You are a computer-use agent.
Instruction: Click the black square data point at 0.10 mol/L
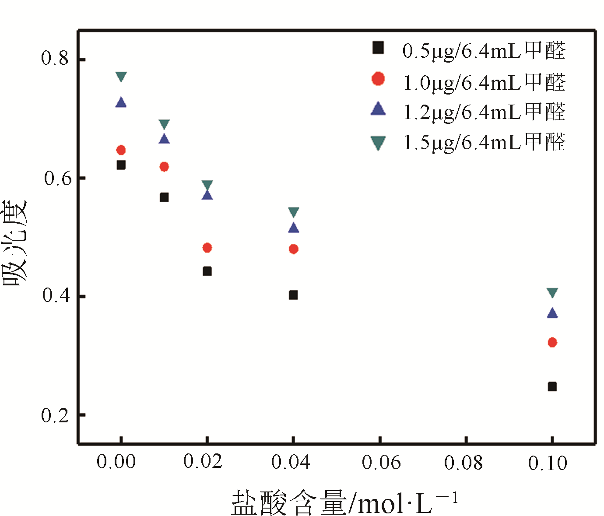(552, 386)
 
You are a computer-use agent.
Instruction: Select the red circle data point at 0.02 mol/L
(207, 248)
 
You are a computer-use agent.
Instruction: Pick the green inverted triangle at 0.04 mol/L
(293, 212)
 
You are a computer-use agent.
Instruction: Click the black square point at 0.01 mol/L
(164, 197)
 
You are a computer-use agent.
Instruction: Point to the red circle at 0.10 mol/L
(552, 342)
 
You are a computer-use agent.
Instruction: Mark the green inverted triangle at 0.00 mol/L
(121, 77)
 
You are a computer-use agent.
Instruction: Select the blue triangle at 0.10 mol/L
(552, 313)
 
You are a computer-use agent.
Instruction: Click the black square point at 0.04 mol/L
(293, 295)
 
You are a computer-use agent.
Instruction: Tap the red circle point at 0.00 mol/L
(121, 150)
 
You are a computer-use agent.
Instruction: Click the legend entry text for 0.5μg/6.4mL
(484, 50)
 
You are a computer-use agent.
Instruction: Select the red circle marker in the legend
(378, 79)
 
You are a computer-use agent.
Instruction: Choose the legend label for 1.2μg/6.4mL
(484, 112)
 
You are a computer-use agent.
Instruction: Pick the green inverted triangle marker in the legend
(378, 143)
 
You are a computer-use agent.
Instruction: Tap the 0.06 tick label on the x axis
(381, 463)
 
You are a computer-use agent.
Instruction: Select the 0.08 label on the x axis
(463, 463)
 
